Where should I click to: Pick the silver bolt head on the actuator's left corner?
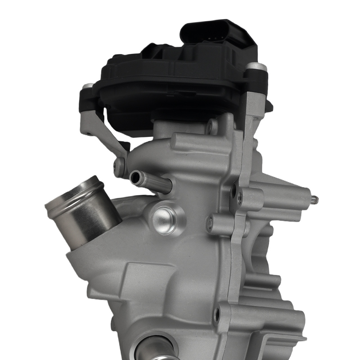click(x=87, y=86)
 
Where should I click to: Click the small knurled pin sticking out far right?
click(x=314, y=199)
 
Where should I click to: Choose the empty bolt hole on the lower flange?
click(x=217, y=315)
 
